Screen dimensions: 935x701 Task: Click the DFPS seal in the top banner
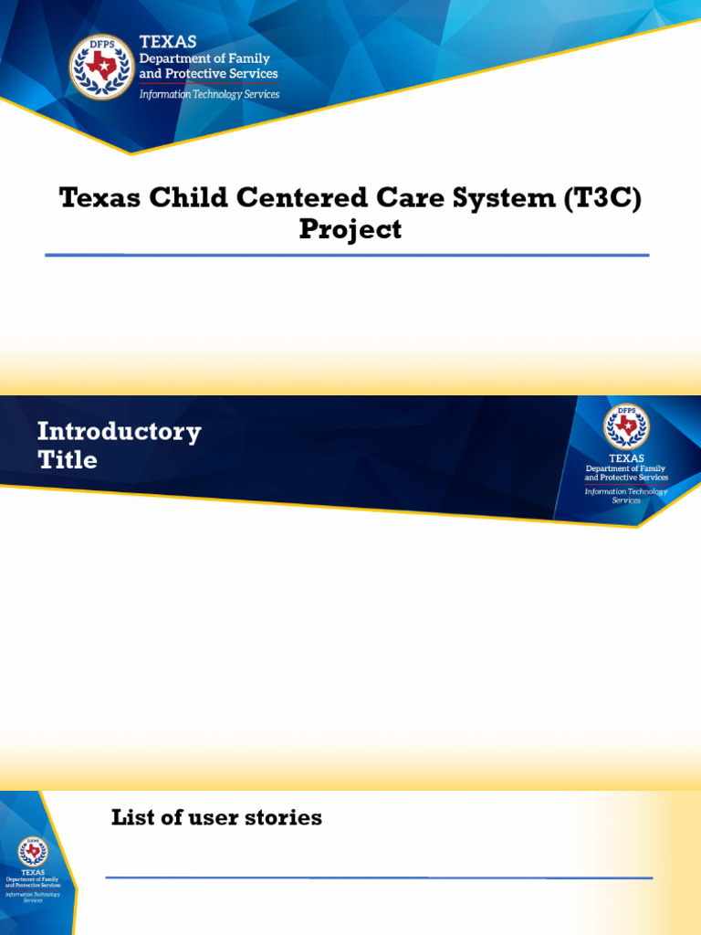(x=102, y=67)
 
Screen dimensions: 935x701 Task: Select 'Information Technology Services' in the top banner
(x=209, y=94)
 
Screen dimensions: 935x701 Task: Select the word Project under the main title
(x=350, y=229)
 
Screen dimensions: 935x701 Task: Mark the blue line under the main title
(x=347, y=256)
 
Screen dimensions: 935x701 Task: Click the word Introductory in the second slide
(x=119, y=431)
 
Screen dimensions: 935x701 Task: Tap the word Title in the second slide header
(x=67, y=459)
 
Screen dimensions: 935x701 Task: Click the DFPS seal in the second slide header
(x=626, y=426)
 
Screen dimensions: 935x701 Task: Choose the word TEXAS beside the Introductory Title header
(x=626, y=458)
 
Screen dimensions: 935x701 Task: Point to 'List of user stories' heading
(x=216, y=817)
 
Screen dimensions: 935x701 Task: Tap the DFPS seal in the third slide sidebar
(x=33, y=852)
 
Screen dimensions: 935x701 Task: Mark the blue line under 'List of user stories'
(x=379, y=877)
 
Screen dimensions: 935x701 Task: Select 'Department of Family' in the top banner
(x=204, y=58)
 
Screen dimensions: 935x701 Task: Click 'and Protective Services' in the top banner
(x=208, y=74)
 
